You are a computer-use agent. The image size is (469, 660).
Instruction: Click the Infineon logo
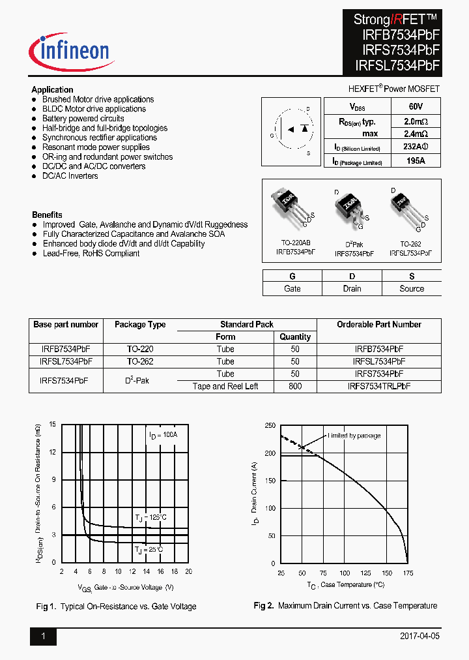point(70,52)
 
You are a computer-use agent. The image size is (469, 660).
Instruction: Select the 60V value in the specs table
point(416,106)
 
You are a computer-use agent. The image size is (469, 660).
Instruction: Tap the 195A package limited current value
point(416,160)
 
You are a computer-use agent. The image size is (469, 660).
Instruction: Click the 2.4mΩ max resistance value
point(416,133)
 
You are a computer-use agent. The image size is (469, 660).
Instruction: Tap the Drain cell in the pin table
point(352,288)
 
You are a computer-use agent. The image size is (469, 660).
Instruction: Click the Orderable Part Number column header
point(378,324)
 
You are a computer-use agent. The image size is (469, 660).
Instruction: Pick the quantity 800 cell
point(295,386)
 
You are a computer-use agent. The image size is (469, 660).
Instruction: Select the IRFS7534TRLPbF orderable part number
point(378,386)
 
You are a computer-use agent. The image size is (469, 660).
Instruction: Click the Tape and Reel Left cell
point(225,386)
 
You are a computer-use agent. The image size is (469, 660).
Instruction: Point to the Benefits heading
point(47,215)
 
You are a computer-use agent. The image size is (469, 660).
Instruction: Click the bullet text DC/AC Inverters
point(70,176)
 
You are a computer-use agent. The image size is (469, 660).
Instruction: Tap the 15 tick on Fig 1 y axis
point(52,425)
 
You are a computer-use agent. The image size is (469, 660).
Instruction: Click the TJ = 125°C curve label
point(151,518)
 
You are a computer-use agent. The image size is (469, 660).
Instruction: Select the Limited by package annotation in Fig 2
point(354,436)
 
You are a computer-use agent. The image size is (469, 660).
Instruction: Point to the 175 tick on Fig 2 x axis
point(408,573)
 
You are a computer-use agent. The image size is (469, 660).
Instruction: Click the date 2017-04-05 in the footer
point(419,636)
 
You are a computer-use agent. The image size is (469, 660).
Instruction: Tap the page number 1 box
point(43,636)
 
